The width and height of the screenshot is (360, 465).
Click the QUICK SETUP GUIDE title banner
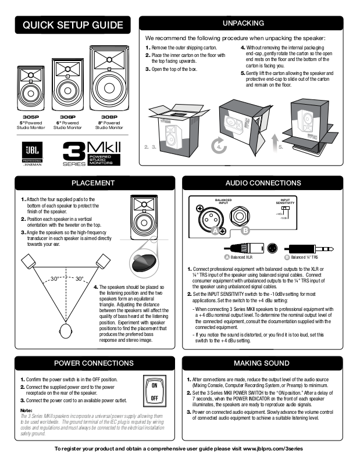73,24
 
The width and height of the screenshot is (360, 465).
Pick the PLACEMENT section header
92,183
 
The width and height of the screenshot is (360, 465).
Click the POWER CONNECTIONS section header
93,363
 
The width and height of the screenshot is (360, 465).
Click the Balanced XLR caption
241,256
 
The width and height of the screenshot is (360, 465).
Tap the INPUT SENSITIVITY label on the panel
284,203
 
